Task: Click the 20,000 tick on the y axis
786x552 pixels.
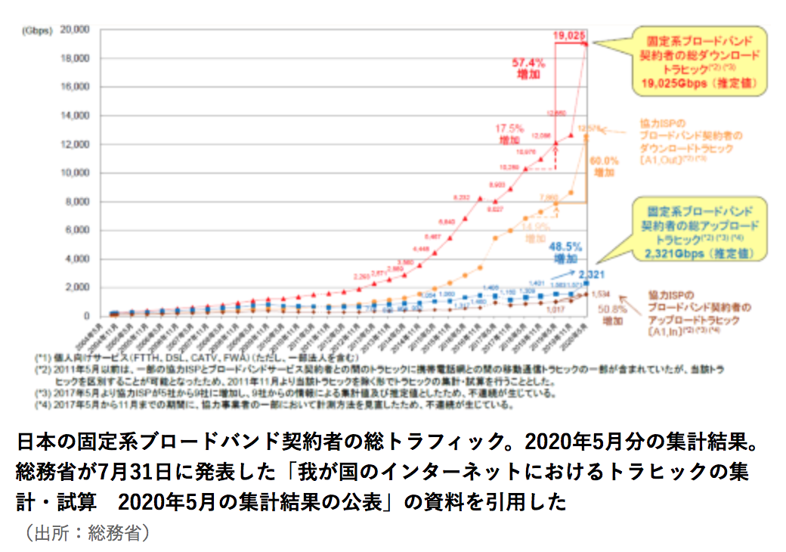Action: (75, 30)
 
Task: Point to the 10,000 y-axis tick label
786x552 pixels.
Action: (75, 173)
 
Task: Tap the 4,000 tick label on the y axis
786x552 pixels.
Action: (78, 259)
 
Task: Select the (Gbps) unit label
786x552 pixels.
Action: (36, 31)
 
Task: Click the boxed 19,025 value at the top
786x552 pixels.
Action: (569, 36)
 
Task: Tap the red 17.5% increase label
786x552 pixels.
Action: (510, 135)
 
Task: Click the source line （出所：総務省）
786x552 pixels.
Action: (83, 533)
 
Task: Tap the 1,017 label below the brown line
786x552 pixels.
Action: (553, 310)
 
